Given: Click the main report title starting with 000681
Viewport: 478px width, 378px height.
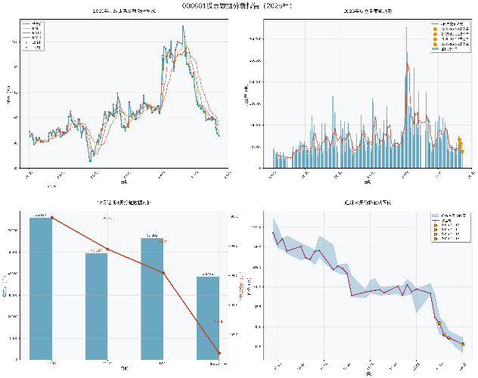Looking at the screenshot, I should click(x=238, y=5).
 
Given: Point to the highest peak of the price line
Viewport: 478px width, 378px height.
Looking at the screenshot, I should click(x=182, y=26).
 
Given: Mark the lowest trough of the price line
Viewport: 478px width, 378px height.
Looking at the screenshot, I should click(x=90, y=160).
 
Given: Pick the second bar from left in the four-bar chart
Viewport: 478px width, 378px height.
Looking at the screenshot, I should click(x=97, y=306).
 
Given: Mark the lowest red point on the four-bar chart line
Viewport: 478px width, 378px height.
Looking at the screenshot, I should click(x=219, y=353).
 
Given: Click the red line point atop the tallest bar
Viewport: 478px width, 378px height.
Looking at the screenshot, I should click(x=51, y=218).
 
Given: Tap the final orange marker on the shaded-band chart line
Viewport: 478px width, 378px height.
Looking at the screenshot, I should click(x=463, y=344).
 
